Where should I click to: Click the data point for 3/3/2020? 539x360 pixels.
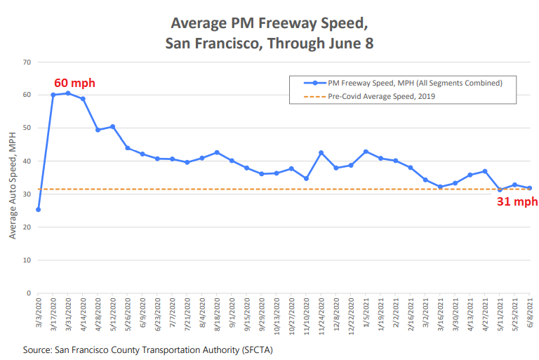[38, 209]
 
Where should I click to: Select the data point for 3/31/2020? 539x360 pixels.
[68, 93]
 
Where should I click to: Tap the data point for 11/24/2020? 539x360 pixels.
[321, 153]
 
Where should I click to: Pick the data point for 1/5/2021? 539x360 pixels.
[366, 152]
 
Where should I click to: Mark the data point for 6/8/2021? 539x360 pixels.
[529, 188]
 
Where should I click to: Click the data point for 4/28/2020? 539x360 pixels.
[98, 130]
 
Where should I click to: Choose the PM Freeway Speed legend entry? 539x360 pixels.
[414, 83]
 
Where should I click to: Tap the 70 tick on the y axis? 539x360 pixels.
[27, 62]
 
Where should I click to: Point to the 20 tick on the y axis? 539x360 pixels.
[27, 227]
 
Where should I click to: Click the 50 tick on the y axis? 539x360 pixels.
[27, 128]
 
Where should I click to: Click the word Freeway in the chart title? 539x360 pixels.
[261, 23]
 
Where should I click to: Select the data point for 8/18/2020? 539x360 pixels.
[217, 152]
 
